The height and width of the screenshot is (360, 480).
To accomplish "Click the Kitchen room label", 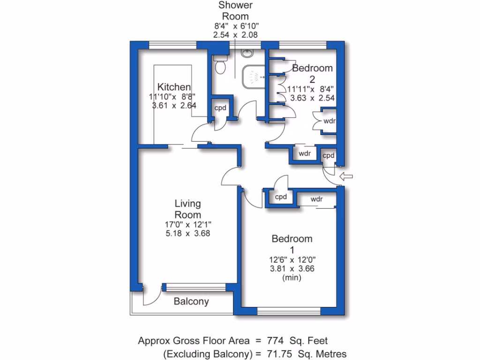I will [174, 87].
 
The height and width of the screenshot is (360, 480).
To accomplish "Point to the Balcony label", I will [191, 301].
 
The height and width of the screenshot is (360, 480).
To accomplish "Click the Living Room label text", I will [187, 209].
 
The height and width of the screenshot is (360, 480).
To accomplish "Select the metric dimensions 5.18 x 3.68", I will [187, 233].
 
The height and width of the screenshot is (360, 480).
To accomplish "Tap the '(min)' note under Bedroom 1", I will [292, 277].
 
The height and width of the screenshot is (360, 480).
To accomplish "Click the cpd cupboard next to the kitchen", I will [220, 108].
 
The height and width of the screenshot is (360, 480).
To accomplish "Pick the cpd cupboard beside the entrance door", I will [328, 156].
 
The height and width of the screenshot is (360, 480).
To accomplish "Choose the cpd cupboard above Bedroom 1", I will [281, 197].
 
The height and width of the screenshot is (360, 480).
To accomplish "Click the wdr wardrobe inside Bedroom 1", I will [317, 199].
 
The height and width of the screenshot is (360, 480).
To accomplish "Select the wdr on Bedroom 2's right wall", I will [328, 121].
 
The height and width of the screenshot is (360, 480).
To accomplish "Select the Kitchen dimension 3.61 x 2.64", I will [173, 106].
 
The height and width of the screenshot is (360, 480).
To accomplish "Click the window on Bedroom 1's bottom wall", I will [289, 310].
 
